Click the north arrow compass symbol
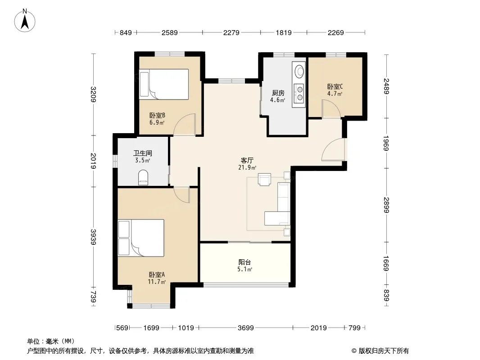[25, 20]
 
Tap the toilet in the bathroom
[143, 178]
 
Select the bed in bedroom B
[164, 84]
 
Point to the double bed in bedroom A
[141, 238]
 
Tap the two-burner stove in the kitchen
[299, 93]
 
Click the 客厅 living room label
[247, 161]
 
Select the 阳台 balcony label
[245, 262]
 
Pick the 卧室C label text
[335, 87]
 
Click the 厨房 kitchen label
[278, 93]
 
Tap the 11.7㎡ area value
[157, 282]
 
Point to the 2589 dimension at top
[170, 32]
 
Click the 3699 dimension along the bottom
[245, 328]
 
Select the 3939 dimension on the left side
[93, 237]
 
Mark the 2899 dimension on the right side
[386, 205]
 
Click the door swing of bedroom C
[331, 109]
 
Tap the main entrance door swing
[333, 149]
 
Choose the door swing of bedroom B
[184, 125]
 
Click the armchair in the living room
[264, 180]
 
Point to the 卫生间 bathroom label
[143, 153]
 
